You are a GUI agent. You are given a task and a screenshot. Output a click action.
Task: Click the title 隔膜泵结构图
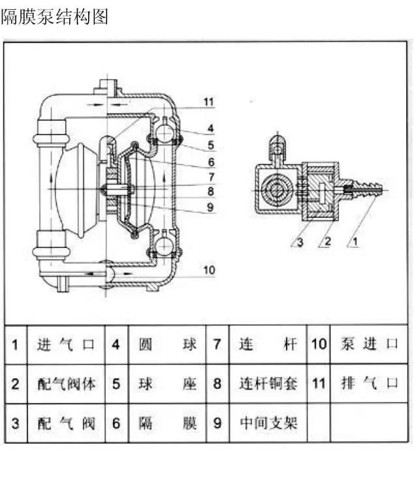(x=54, y=17)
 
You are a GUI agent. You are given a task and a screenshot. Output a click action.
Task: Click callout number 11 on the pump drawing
(x=208, y=102)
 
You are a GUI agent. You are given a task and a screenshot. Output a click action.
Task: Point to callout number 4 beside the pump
(x=210, y=129)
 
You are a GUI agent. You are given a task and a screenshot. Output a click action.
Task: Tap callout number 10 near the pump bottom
(x=208, y=269)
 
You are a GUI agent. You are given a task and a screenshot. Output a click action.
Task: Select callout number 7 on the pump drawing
(x=210, y=177)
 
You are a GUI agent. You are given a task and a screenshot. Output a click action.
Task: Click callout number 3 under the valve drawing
(x=298, y=243)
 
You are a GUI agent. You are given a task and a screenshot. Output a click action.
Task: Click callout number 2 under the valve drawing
(x=328, y=243)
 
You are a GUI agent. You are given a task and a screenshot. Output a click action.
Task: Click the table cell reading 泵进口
(x=369, y=345)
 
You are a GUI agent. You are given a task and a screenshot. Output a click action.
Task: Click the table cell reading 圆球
(x=167, y=345)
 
